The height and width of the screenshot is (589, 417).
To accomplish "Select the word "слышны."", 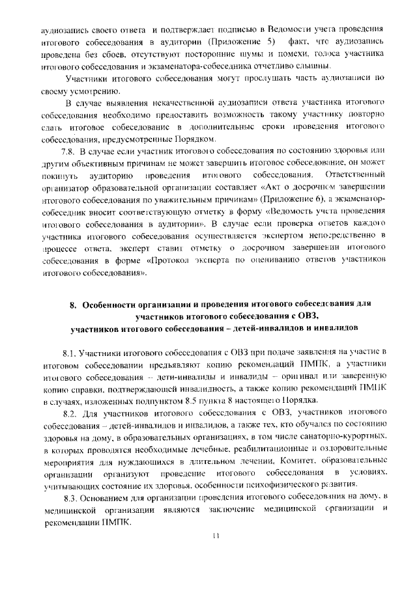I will (x=315, y=67).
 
